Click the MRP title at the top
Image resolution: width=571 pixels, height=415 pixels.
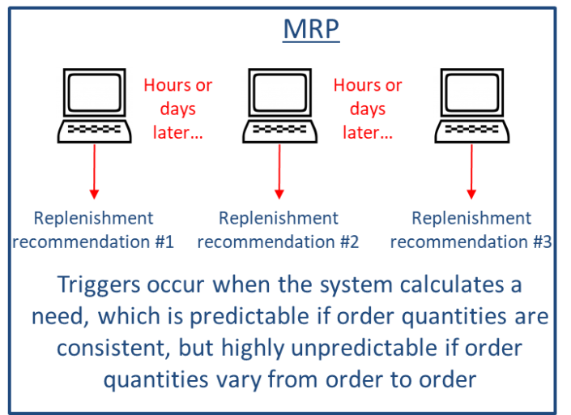point(311,29)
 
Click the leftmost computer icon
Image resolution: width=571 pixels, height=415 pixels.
point(94,105)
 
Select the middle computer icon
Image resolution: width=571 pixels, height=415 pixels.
point(279,105)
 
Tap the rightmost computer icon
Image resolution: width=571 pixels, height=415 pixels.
point(471,105)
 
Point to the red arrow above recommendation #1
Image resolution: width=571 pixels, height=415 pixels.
point(94,172)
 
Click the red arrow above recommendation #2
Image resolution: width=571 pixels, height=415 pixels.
point(279,172)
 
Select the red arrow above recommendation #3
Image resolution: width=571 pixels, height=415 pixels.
point(471,172)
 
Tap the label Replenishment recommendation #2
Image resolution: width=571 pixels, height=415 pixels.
point(278,230)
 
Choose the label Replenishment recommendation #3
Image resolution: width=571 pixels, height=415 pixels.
point(471,230)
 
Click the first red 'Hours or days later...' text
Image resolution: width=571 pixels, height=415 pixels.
point(178,109)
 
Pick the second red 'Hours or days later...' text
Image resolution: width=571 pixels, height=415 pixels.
point(368,109)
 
